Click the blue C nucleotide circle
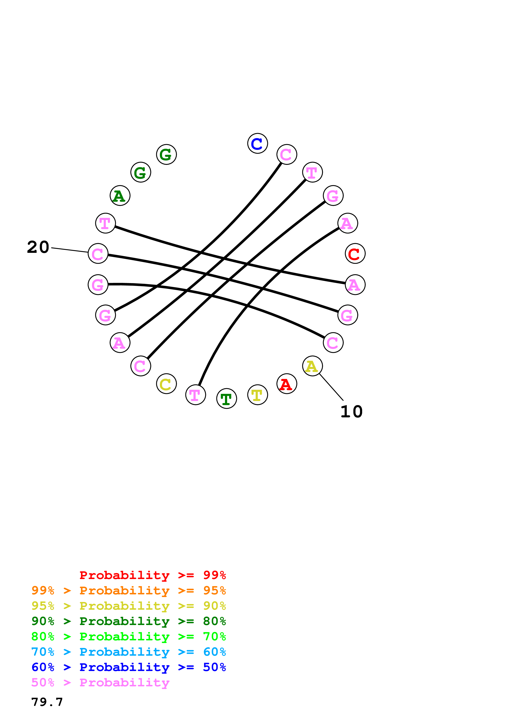(x=257, y=143)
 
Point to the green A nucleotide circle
(x=120, y=195)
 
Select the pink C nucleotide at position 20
(x=98, y=254)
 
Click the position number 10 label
(x=351, y=412)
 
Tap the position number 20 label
(x=38, y=247)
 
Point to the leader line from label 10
(x=331, y=387)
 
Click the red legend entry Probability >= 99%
(x=152, y=575)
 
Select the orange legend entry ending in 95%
(x=128, y=590)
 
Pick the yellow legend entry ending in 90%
(x=128, y=606)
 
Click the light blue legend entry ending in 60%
(x=128, y=652)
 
